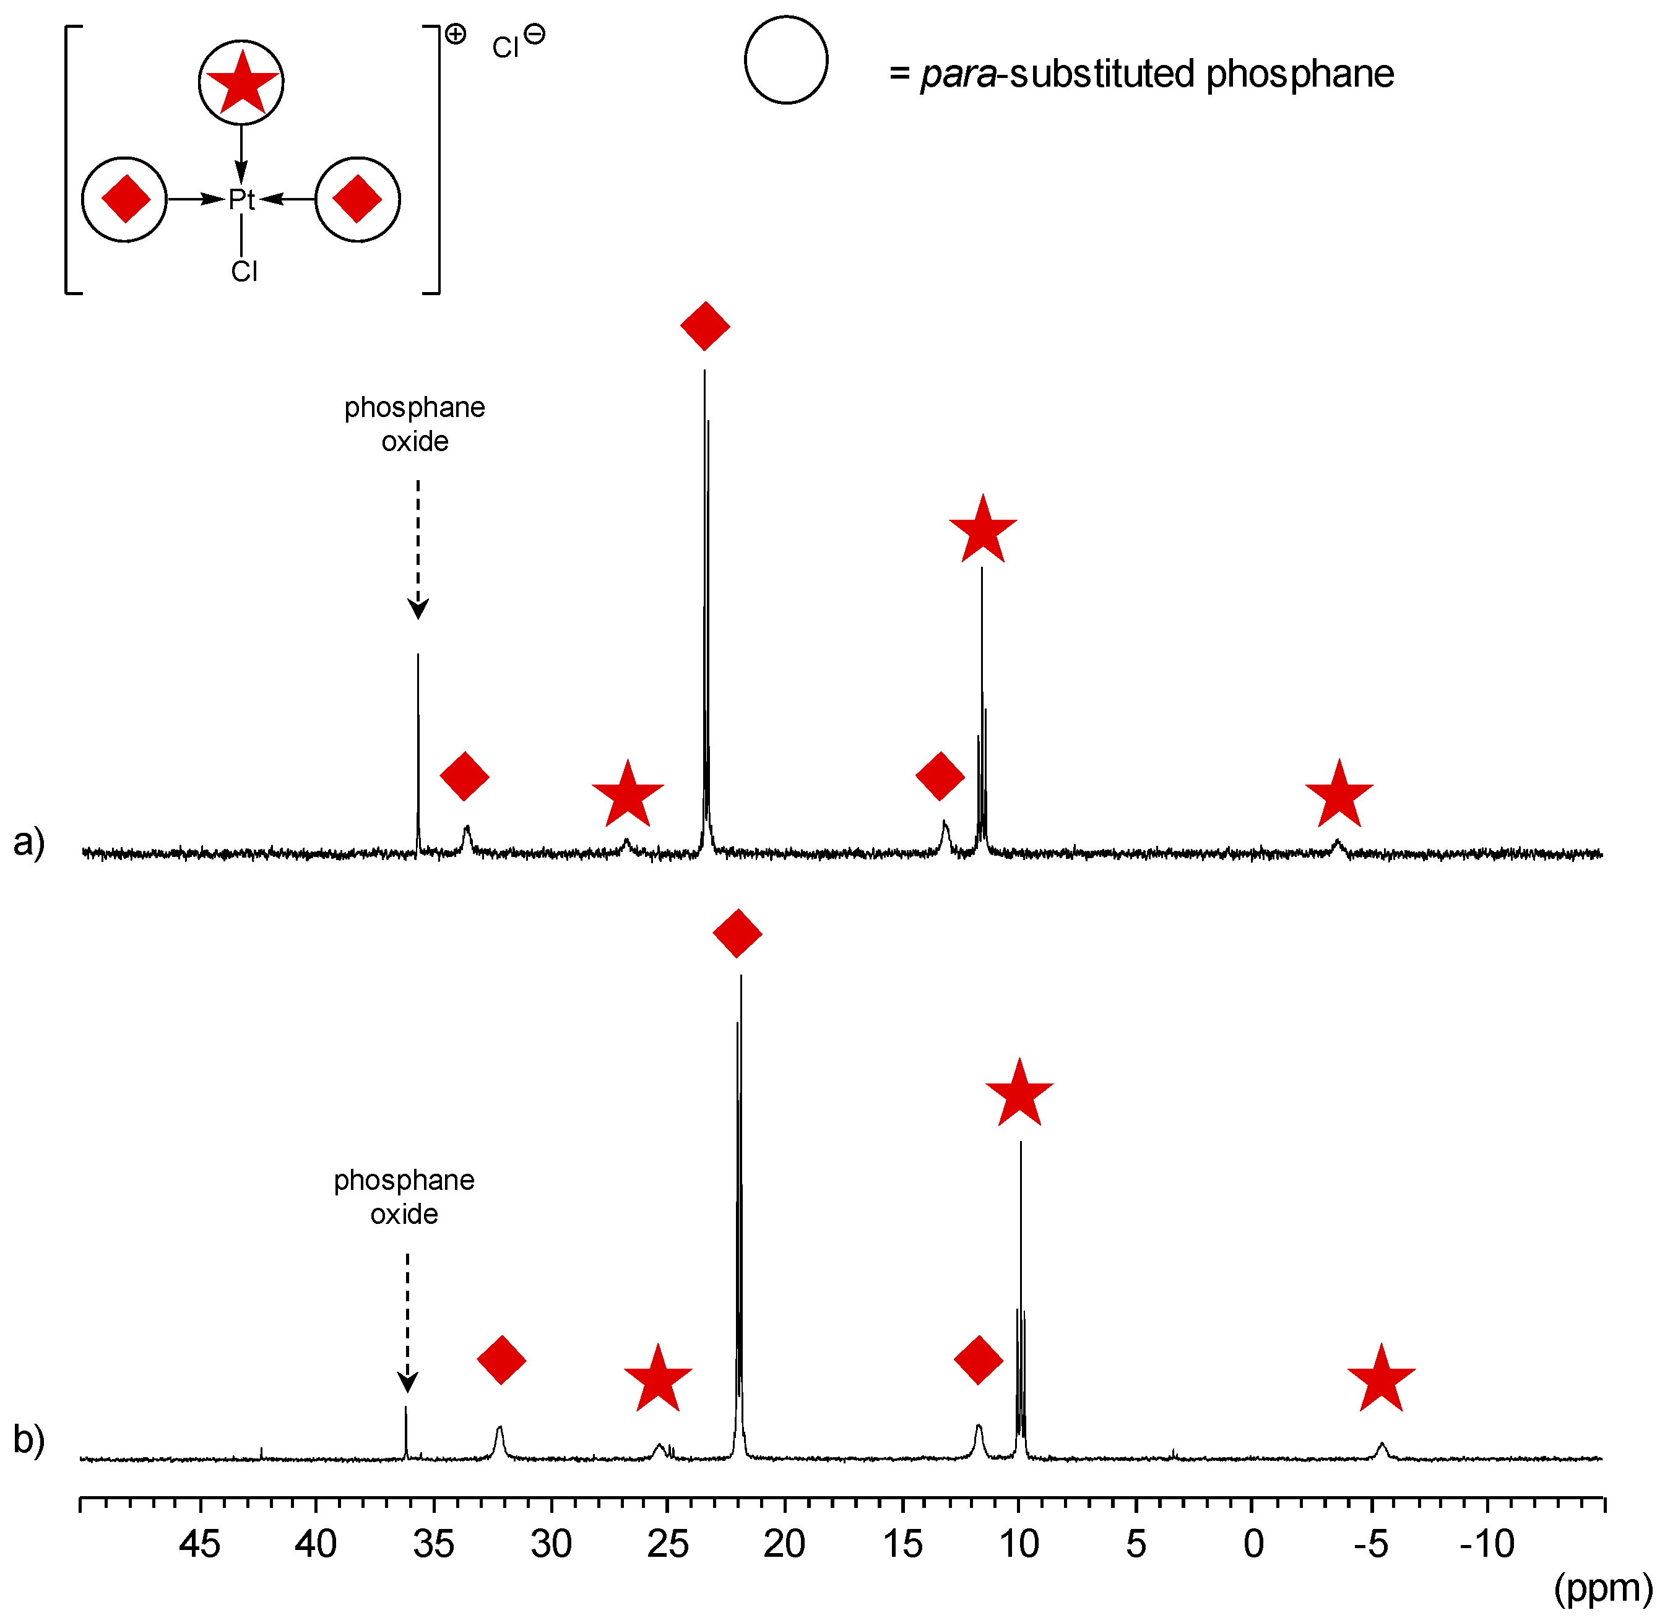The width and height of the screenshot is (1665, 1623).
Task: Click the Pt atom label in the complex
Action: tap(241, 199)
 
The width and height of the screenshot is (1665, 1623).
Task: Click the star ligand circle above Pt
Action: tap(241, 82)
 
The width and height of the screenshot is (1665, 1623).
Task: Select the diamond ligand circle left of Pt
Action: tap(124, 199)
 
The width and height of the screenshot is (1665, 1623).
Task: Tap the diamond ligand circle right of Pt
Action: tap(357, 199)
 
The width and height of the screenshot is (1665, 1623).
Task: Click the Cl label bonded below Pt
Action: tap(244, 271)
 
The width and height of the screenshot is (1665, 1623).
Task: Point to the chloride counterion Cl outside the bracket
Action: tap(506, 48)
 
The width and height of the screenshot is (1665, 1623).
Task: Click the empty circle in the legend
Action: tap(785, 59)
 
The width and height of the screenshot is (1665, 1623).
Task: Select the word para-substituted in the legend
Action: tap(1057, 74)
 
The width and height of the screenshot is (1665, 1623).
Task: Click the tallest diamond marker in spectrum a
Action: tap(704, 325)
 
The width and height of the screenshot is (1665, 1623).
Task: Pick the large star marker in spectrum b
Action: tap(1019, 1093)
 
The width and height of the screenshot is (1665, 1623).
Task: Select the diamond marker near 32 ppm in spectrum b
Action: tap(501, 1359)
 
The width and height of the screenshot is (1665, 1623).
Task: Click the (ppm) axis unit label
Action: tap(1602, 1587)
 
